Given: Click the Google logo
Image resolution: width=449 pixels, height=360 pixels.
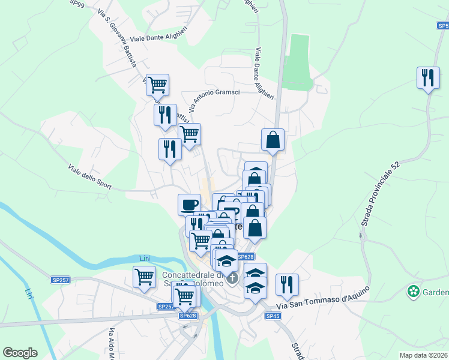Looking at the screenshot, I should (20, 353).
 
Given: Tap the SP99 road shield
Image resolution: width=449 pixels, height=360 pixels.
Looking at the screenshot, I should (76, 2).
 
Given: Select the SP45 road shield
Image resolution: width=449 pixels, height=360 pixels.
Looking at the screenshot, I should (273, 316).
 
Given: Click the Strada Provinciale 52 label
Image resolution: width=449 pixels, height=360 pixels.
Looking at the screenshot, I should (381, 194).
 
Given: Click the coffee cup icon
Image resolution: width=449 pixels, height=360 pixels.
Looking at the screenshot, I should (190, 204).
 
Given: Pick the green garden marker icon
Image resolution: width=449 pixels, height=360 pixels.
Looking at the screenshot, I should (413, 292).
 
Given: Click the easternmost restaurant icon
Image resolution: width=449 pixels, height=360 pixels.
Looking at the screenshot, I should (428, 78).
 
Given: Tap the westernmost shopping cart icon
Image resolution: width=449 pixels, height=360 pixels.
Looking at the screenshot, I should (145, 277).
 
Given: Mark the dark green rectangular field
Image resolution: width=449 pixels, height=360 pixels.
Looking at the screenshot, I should (298, 63).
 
